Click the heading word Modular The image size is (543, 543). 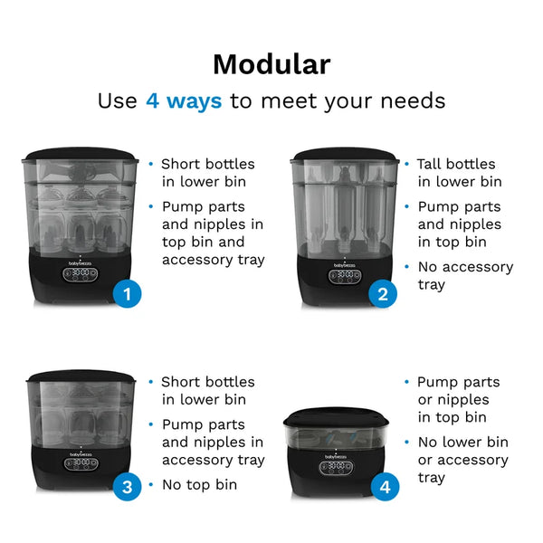(271, 64)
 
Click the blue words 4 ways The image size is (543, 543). (184, 100)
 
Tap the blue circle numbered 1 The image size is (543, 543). (128, 293)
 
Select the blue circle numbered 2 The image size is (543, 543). (384, 293)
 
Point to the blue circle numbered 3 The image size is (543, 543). (128, 487)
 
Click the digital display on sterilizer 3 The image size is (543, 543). (81, 463)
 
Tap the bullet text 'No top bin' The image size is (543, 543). (199, 484)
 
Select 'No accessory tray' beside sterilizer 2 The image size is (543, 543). (464, 275)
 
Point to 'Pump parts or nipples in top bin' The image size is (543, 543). (459, 399)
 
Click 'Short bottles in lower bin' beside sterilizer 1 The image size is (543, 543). (207, 173)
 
